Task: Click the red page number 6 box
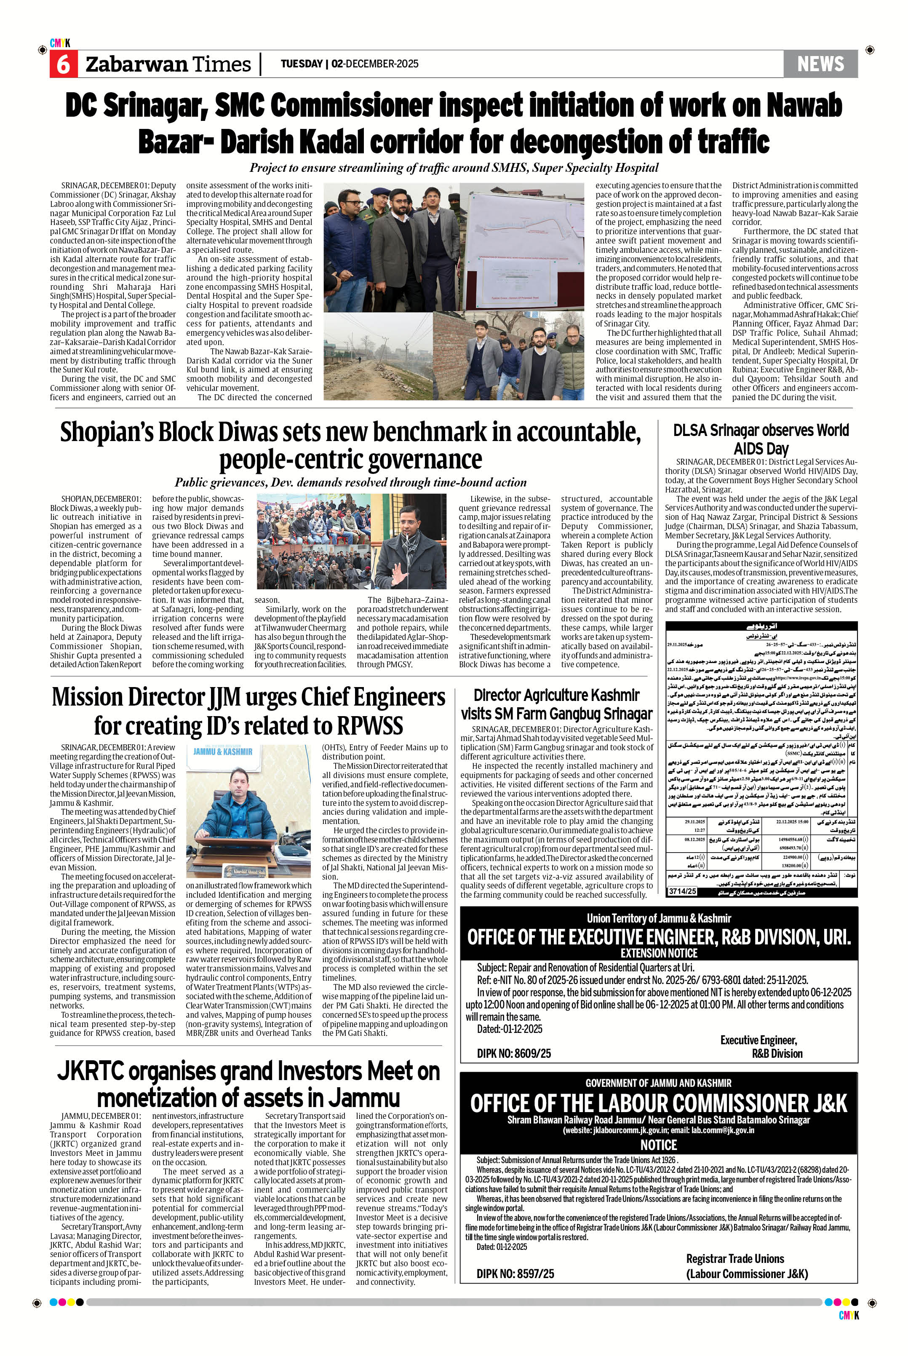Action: pyautogui.click(x=62, y=64)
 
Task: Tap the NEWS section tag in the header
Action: pyautogui.click(x=820, y=64)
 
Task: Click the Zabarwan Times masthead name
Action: pyautogui.click(x=168, y=64)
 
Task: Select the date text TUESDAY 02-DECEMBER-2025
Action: pyautogui.click(x=349, y=64)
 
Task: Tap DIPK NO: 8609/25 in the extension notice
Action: pyautogui.click(x=514, y=1053)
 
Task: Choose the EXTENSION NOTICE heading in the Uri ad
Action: pyautogui.click(x=658, y=953)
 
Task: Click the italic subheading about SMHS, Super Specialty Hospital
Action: pyautogui.click(x=454, y=168)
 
